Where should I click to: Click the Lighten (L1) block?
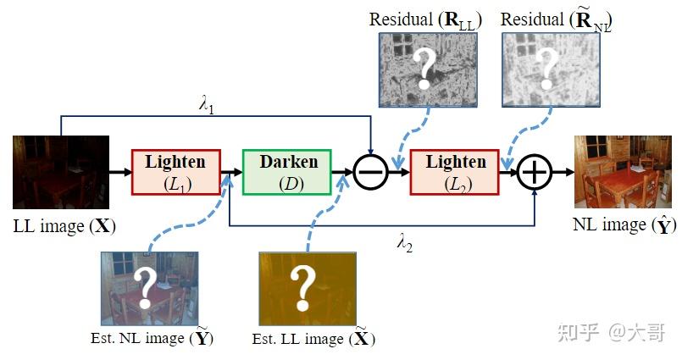[x=175, y=171]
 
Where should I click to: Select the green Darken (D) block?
[x=288, y=171]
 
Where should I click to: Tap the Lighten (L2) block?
[x=456, y=171]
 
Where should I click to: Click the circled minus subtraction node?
[x=371, y=172]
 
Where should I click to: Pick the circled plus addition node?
[x=535, y=172]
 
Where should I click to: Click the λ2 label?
[x=406, y=241]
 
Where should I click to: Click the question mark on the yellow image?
[x=302, y=288]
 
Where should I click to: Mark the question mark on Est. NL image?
[x=148, y=285]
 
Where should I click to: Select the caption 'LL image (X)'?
[x=64, y=226]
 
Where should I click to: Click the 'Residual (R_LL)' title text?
[x=425, y=19]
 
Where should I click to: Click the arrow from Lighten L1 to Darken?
[x=230, y=172]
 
